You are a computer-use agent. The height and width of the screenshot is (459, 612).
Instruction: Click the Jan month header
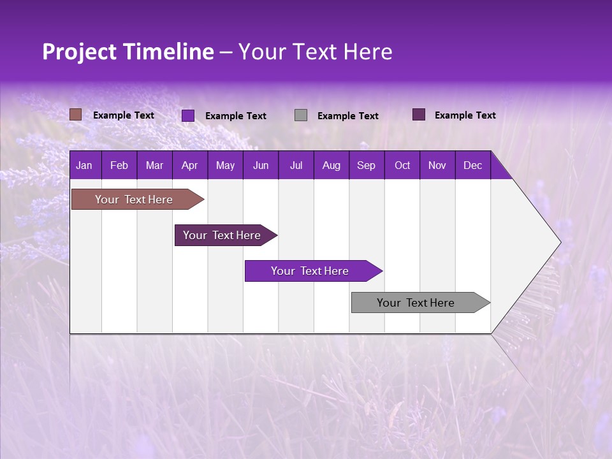pos(84,165)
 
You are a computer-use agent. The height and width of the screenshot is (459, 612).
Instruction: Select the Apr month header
pos(189,165)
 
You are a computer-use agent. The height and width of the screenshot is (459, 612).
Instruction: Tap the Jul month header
pos(296,165)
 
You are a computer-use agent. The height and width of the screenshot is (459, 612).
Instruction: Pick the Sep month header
pos(366,165)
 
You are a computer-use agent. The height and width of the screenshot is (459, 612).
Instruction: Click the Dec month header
pos(472,165)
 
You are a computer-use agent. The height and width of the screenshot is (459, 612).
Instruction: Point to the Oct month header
pos(402,165)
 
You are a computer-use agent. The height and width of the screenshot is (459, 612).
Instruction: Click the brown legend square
pos(75,115)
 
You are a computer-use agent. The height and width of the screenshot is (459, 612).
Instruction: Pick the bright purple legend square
pos(188,115)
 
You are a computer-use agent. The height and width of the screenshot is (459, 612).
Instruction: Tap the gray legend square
pos(301,115)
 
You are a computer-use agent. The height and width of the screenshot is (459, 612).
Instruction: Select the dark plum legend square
pos(419,115)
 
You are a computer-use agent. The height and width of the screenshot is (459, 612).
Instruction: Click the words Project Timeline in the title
pos(127,52)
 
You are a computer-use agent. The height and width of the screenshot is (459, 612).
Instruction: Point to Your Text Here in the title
pos(315,52)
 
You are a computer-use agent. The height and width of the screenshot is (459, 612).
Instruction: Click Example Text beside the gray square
pos(347,115)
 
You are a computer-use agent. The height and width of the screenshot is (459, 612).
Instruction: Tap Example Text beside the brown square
pos(124,115)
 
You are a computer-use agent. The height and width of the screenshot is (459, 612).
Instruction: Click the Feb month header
pos(119,165)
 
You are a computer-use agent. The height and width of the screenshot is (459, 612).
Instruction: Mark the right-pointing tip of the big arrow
pos(560,242)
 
